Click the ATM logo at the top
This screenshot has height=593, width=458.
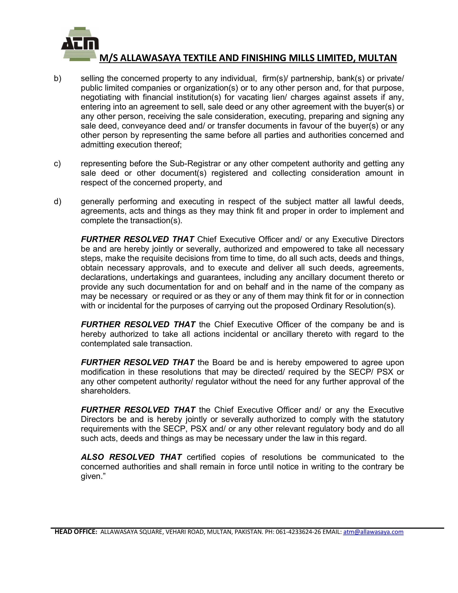(80, 44)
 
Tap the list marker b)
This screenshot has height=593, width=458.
(57, 79)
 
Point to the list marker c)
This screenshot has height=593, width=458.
(57, 164)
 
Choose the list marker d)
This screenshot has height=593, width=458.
(57, 201)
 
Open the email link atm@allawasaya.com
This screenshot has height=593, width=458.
(373, 532)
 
